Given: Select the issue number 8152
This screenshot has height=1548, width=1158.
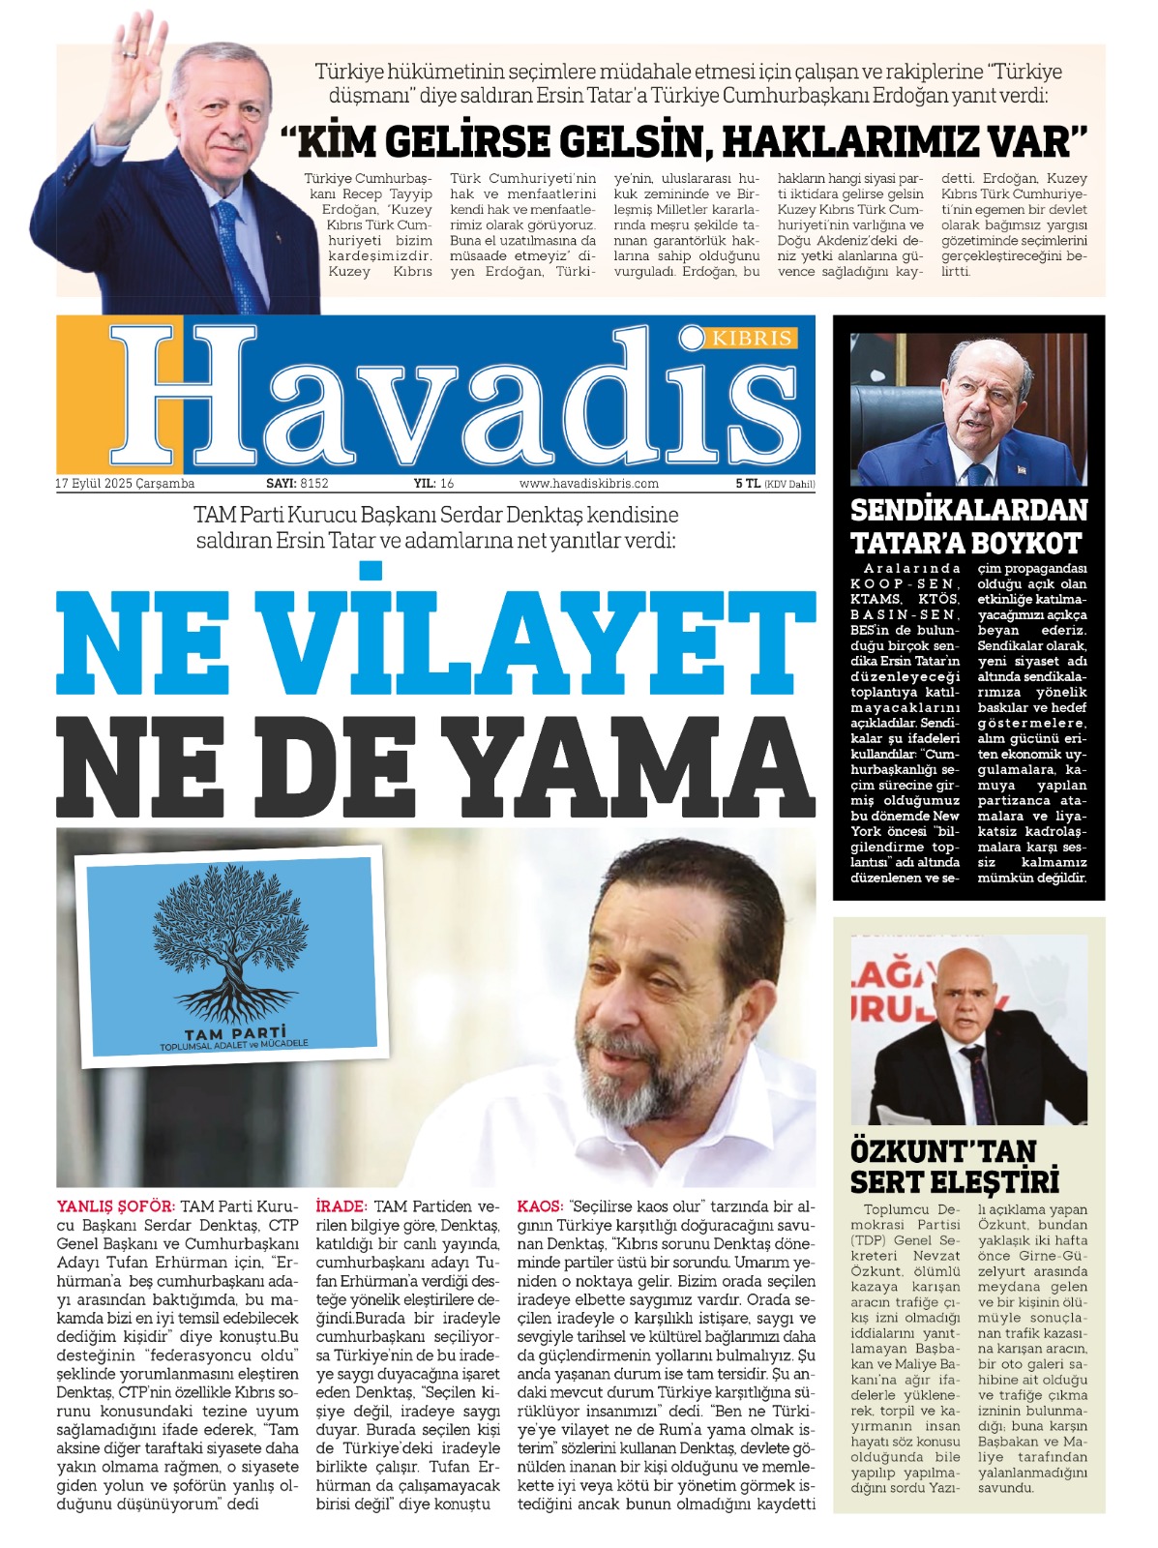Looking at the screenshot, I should tap(314, 484).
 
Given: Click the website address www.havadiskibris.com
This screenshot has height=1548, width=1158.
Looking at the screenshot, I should tap(588, 484).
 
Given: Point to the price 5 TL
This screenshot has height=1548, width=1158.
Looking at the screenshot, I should tap(747, 484).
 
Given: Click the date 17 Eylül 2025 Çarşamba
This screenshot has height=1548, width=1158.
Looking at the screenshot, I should tap(125, 484).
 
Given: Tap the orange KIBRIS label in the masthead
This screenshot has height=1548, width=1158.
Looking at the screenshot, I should tap(752, 339).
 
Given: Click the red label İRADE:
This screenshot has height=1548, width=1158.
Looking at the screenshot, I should tap(341, 1206).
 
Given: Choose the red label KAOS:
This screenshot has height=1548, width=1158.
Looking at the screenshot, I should tap(540, 1206).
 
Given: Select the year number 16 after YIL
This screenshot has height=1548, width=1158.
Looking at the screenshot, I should tap(447, 484).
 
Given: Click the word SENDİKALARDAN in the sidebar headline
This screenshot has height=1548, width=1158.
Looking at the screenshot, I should tap(968, 510).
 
